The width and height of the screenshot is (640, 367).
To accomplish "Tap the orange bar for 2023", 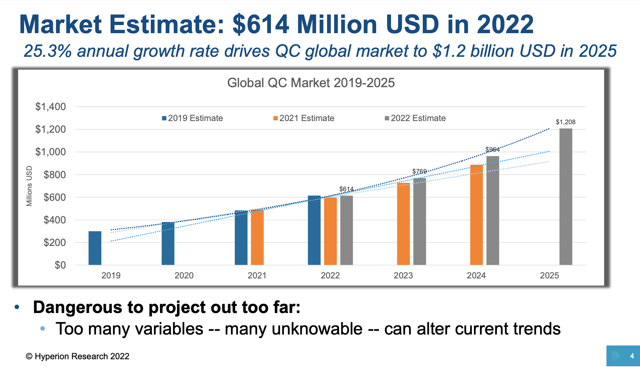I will [403, 224].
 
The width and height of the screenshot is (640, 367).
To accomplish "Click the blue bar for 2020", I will [168, 243].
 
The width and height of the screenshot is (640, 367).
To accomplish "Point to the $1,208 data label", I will [565, 122].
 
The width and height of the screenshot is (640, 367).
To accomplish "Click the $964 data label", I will [492, 150].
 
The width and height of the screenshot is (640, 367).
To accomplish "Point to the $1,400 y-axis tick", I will [51, 107].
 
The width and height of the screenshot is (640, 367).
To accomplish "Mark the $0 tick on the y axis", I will [60, 265].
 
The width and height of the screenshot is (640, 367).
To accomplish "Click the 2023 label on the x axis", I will [403, 276].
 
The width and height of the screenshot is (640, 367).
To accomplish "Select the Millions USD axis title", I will [29, 186].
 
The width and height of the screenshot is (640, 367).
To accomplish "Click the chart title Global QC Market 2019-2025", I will [311, 83].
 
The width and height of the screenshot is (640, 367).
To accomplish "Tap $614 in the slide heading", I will [261, 25].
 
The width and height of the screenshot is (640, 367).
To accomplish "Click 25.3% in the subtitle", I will [48, 51].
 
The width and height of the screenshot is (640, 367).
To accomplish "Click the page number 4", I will [632, 356].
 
